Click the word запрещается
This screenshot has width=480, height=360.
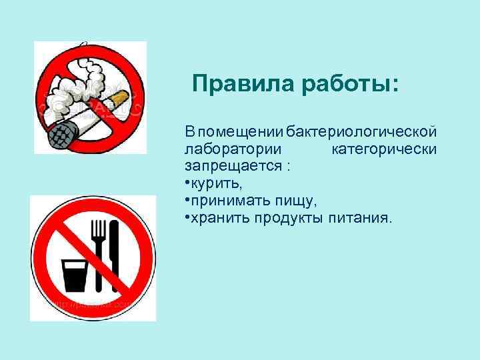233,166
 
